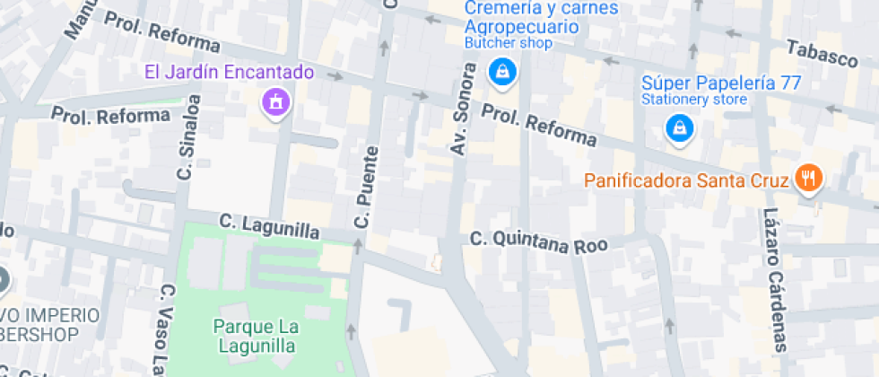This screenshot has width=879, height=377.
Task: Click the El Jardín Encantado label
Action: (231, 71)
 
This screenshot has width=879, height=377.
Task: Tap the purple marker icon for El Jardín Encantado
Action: (275, 101)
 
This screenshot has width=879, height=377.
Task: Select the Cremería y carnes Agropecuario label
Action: (528, 18)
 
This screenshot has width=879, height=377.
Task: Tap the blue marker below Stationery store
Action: (680, 129)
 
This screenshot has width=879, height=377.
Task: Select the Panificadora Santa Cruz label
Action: (686, 180)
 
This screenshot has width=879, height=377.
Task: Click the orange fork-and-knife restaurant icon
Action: (809, 179)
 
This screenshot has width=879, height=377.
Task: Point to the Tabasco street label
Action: (822, 54)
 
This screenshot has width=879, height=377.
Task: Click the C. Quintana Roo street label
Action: (539, 241)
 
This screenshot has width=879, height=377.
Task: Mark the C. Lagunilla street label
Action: (269, 225)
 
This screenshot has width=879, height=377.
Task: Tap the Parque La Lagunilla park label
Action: (256, 334)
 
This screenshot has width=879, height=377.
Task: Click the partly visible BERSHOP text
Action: (39, 334)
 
